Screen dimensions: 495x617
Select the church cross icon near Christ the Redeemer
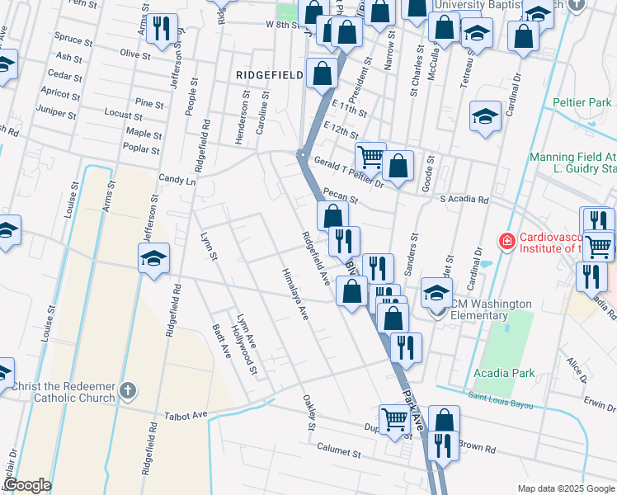tap(126, 389)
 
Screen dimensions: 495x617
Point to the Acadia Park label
tap(504, 373)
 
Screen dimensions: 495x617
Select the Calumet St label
tap(339, 450)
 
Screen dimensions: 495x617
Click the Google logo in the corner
tap(27, 485)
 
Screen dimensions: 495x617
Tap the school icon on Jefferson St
tap(153, 259)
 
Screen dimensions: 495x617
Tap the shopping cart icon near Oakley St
tap(394, 418)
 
